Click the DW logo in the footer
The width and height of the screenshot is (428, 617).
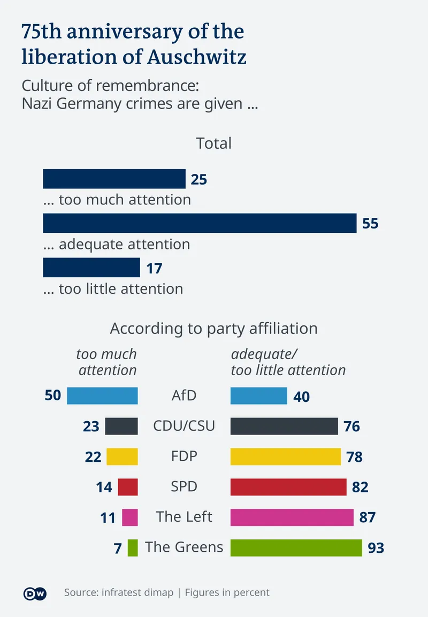tap(35, 593)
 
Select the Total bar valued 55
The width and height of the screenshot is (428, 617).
tap(200, 223)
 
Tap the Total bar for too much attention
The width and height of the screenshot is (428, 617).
tap(114, 179)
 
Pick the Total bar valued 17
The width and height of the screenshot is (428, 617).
tap(91, 268)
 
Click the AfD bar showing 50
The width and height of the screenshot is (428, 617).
tap(102, 396)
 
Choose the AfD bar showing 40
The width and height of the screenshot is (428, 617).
tap(259, 396)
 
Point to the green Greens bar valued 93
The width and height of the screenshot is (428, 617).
tap(296, 547)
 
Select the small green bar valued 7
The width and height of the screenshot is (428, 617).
tap(133, 547)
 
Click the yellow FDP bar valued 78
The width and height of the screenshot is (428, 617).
tap(286, 456)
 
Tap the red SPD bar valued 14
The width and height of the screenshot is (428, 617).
tap(128, 487)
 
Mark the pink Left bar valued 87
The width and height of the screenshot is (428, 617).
tap(292, 517)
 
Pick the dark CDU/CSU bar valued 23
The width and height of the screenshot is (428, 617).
tap(121, 426)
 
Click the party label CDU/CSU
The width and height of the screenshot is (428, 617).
tap(184, 426)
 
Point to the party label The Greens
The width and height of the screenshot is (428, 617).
tap(184, 547)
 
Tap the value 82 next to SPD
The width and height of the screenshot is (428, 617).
tap(360, 487)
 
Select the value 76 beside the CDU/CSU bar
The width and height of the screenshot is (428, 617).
tap(352, 426)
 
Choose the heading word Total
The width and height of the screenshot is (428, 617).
tap(214, 143)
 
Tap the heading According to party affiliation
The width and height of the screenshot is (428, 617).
tap(214, 328)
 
